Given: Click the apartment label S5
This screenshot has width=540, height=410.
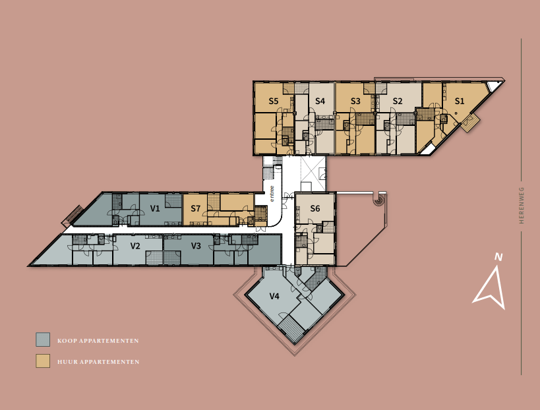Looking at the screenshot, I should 274,102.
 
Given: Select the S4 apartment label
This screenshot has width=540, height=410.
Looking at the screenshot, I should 320,102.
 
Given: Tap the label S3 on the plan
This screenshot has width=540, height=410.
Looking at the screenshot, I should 355,102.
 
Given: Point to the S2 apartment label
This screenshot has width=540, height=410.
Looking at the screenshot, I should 397,102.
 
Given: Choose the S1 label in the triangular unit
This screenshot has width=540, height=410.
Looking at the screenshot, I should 460,102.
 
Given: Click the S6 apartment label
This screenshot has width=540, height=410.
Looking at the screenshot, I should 315,209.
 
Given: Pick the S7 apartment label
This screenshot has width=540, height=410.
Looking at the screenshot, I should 195,209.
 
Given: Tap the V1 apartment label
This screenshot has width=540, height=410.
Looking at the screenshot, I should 155,209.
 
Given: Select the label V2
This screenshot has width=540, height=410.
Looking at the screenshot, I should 135,246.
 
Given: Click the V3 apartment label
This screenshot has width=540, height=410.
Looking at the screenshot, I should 196,246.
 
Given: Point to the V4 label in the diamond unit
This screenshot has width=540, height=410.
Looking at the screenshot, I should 274,297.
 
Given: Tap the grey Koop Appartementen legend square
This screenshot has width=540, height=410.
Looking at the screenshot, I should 43,339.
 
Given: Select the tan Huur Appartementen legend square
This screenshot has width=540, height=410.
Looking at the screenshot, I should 43,361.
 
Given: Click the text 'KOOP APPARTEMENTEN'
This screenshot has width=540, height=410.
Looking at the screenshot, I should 98,341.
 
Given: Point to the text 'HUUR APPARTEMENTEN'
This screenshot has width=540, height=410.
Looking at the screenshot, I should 98,362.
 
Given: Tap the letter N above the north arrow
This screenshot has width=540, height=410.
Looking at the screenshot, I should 499,257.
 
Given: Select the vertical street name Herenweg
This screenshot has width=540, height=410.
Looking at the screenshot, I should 521,205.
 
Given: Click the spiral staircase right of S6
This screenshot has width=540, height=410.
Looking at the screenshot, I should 379,199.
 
